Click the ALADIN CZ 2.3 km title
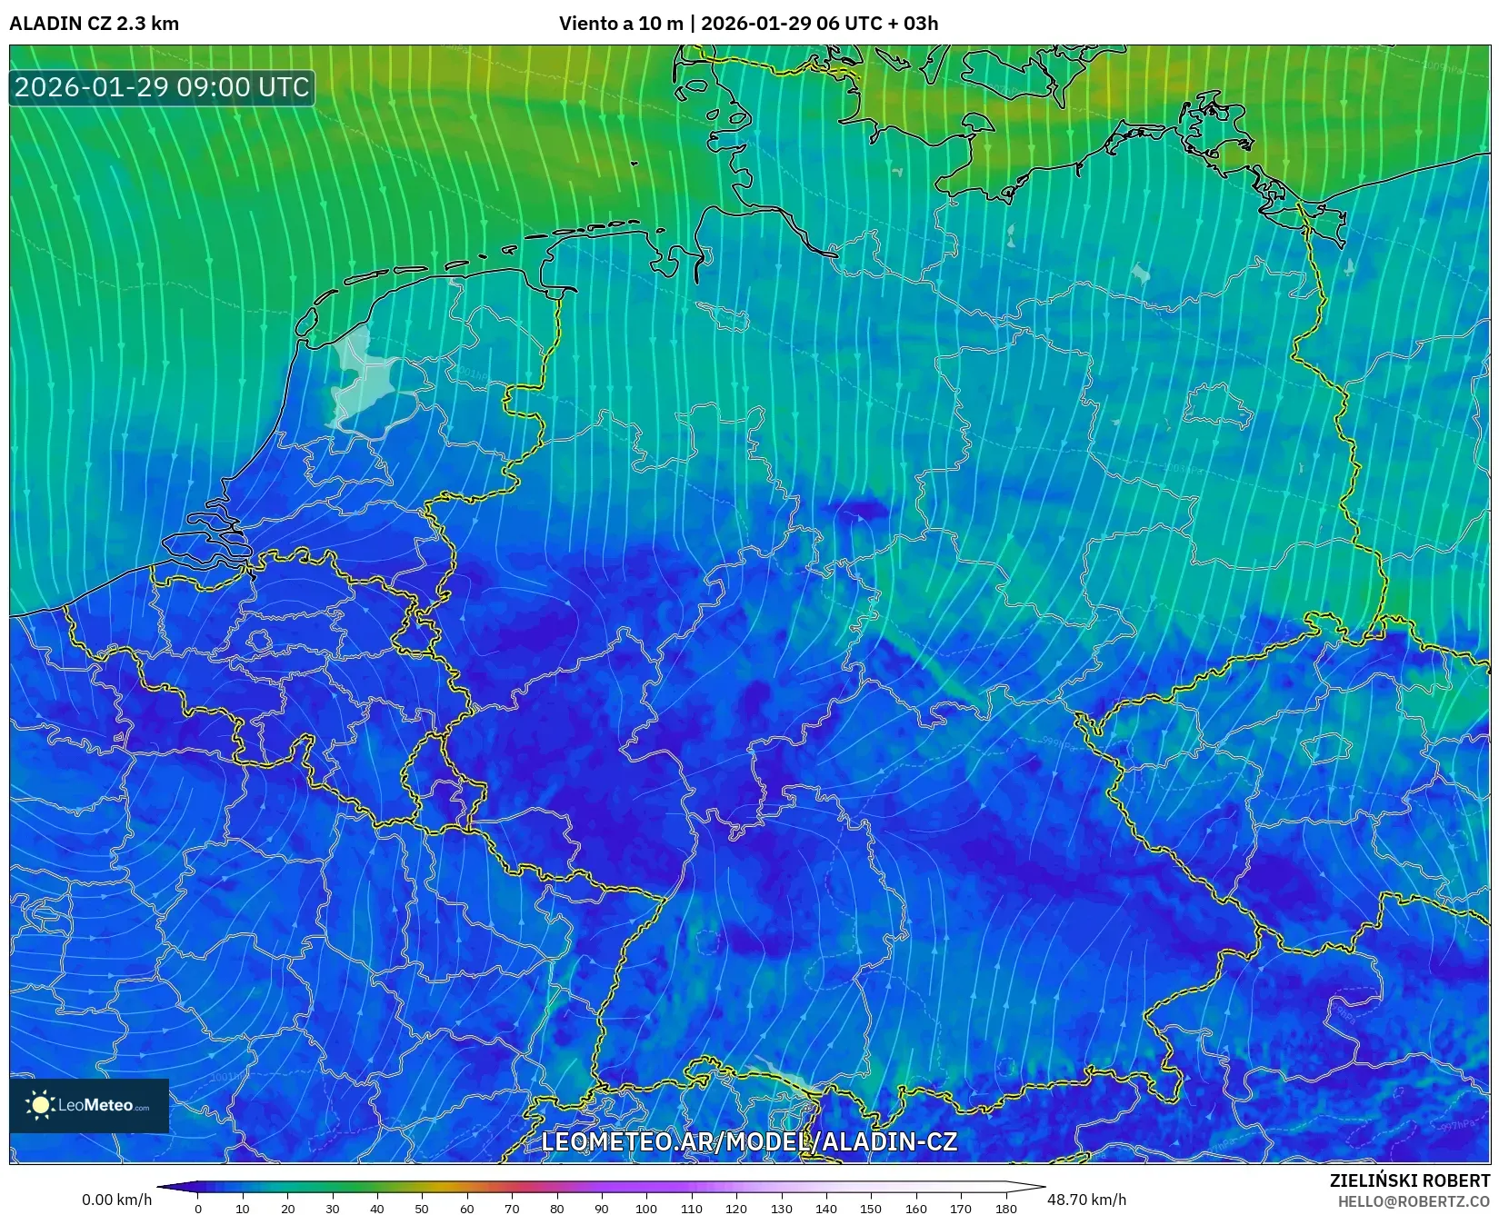(x=94, y=24)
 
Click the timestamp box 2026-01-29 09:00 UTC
(x=162, y=87)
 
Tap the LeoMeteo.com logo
(x=89, y=1105)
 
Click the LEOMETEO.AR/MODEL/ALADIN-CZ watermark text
(x=749, y=1141)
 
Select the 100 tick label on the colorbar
(x=646, y=1209)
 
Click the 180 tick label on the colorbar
(x=1005, y=1209)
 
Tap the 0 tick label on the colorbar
(x=198, y=1209)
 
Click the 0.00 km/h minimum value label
(x=116, y=1200)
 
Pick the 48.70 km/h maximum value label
(x=1086, y=1200)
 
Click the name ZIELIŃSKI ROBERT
(x=1410, y=1181)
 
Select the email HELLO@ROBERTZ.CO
(x=1414, y=1201)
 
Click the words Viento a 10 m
(x=620, y=24)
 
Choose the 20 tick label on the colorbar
(x=287, y=1209)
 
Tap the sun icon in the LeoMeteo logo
(x=41, y=1105)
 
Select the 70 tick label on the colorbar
(x=512, y=1209)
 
